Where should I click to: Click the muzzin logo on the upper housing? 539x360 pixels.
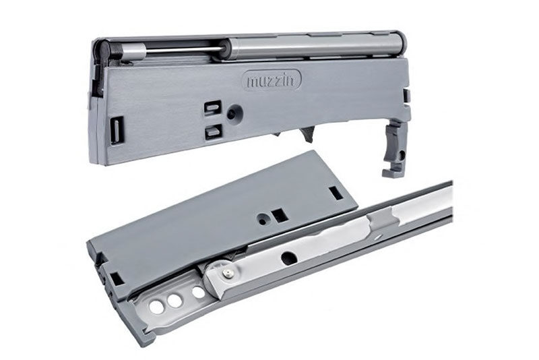point(272,80)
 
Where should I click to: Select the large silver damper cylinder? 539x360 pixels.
point(315,44)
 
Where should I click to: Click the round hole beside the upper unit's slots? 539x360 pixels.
point(234,113)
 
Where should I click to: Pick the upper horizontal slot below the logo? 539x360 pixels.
point(213,107)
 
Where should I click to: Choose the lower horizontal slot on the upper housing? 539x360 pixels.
point(213,131)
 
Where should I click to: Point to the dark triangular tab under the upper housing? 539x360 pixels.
point(308,134)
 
